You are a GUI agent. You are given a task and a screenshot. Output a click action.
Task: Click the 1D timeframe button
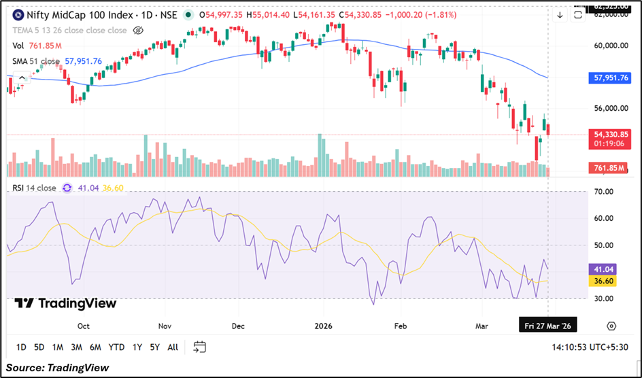coord(21,347)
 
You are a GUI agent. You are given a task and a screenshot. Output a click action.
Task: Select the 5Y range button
coord(154,347)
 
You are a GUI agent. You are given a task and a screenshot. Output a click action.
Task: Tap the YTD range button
coord(116,347)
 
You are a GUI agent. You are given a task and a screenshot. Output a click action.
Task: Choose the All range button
coord(173,347)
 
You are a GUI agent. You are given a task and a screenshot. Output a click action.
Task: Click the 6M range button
coord(96,347)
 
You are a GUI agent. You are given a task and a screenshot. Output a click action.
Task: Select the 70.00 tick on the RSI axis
coord(605,192)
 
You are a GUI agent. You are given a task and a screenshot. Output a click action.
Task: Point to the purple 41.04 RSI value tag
coord(605,269)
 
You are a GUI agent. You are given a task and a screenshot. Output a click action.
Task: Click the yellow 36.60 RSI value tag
coord(605,281)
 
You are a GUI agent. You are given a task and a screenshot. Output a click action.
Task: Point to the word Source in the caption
coord(25,368)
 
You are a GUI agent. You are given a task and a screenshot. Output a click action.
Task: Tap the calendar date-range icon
coord(199,347)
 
